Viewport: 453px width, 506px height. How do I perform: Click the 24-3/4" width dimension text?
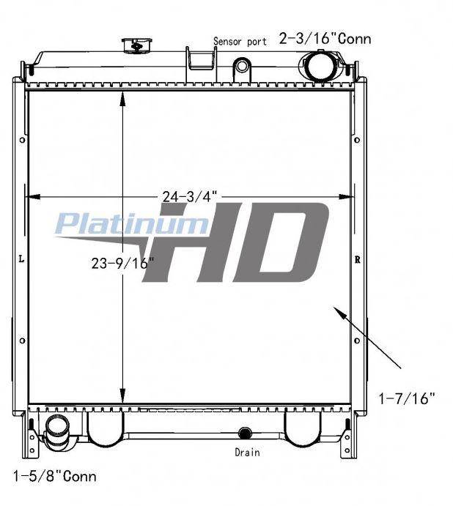click(x=190, y=196)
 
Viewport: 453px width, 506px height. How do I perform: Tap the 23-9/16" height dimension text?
click(x=122, y=264)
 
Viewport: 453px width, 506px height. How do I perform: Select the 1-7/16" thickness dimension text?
click(x=407, y=399)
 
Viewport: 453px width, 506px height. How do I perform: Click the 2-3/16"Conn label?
click(x=325, y=39)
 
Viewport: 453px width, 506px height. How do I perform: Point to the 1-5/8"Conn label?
click(x=54, y=476)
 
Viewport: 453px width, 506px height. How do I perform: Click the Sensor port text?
click(x=240, y=41)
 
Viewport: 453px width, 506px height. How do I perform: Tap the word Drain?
click(x=247, y=453)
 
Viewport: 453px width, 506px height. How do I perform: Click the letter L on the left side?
click(x=22, y=258)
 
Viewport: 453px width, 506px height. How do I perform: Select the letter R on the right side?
click(x=358, y=259)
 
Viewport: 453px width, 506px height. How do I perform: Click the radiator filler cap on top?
click(x=136, y=45)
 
